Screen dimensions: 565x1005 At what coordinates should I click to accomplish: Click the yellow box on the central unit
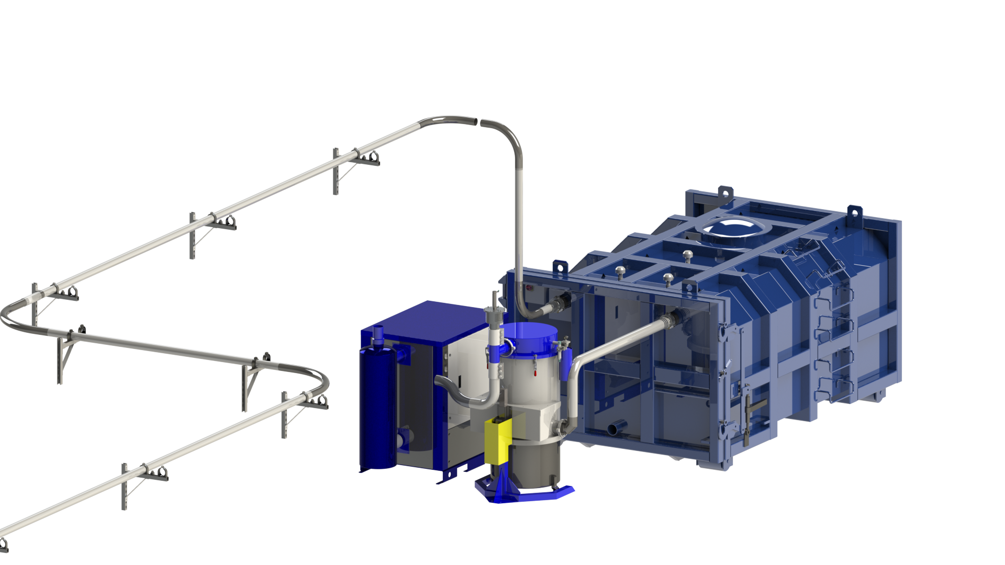(497, 440)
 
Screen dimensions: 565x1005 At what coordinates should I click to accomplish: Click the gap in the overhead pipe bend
(478, 122)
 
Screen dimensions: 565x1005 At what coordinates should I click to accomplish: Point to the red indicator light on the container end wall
(529, 287)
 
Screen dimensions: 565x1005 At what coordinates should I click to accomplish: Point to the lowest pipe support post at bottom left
(125, 487)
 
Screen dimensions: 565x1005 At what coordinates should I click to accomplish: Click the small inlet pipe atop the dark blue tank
(378, 334)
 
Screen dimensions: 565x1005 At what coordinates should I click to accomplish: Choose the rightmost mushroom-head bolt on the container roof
(687, 255)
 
